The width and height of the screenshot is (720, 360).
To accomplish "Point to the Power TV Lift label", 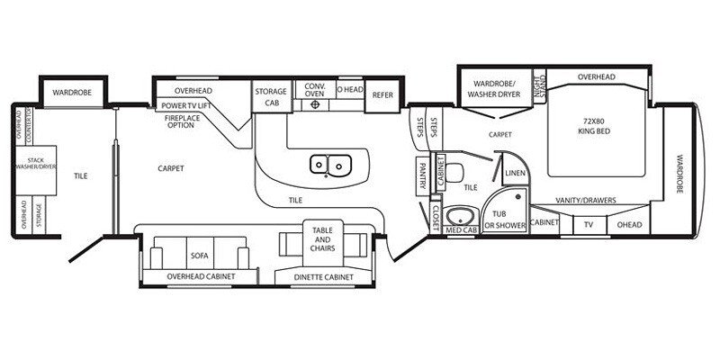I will tap(187, 105).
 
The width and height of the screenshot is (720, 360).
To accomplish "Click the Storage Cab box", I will tap(270, 97).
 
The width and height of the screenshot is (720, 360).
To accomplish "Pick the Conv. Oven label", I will tap(315, 90).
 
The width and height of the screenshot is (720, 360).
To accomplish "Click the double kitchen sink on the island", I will tap(330, 165).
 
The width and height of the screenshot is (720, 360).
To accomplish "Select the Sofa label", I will tap(199, 256).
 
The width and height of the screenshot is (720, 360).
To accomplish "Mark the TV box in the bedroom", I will tap(589, 224).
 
